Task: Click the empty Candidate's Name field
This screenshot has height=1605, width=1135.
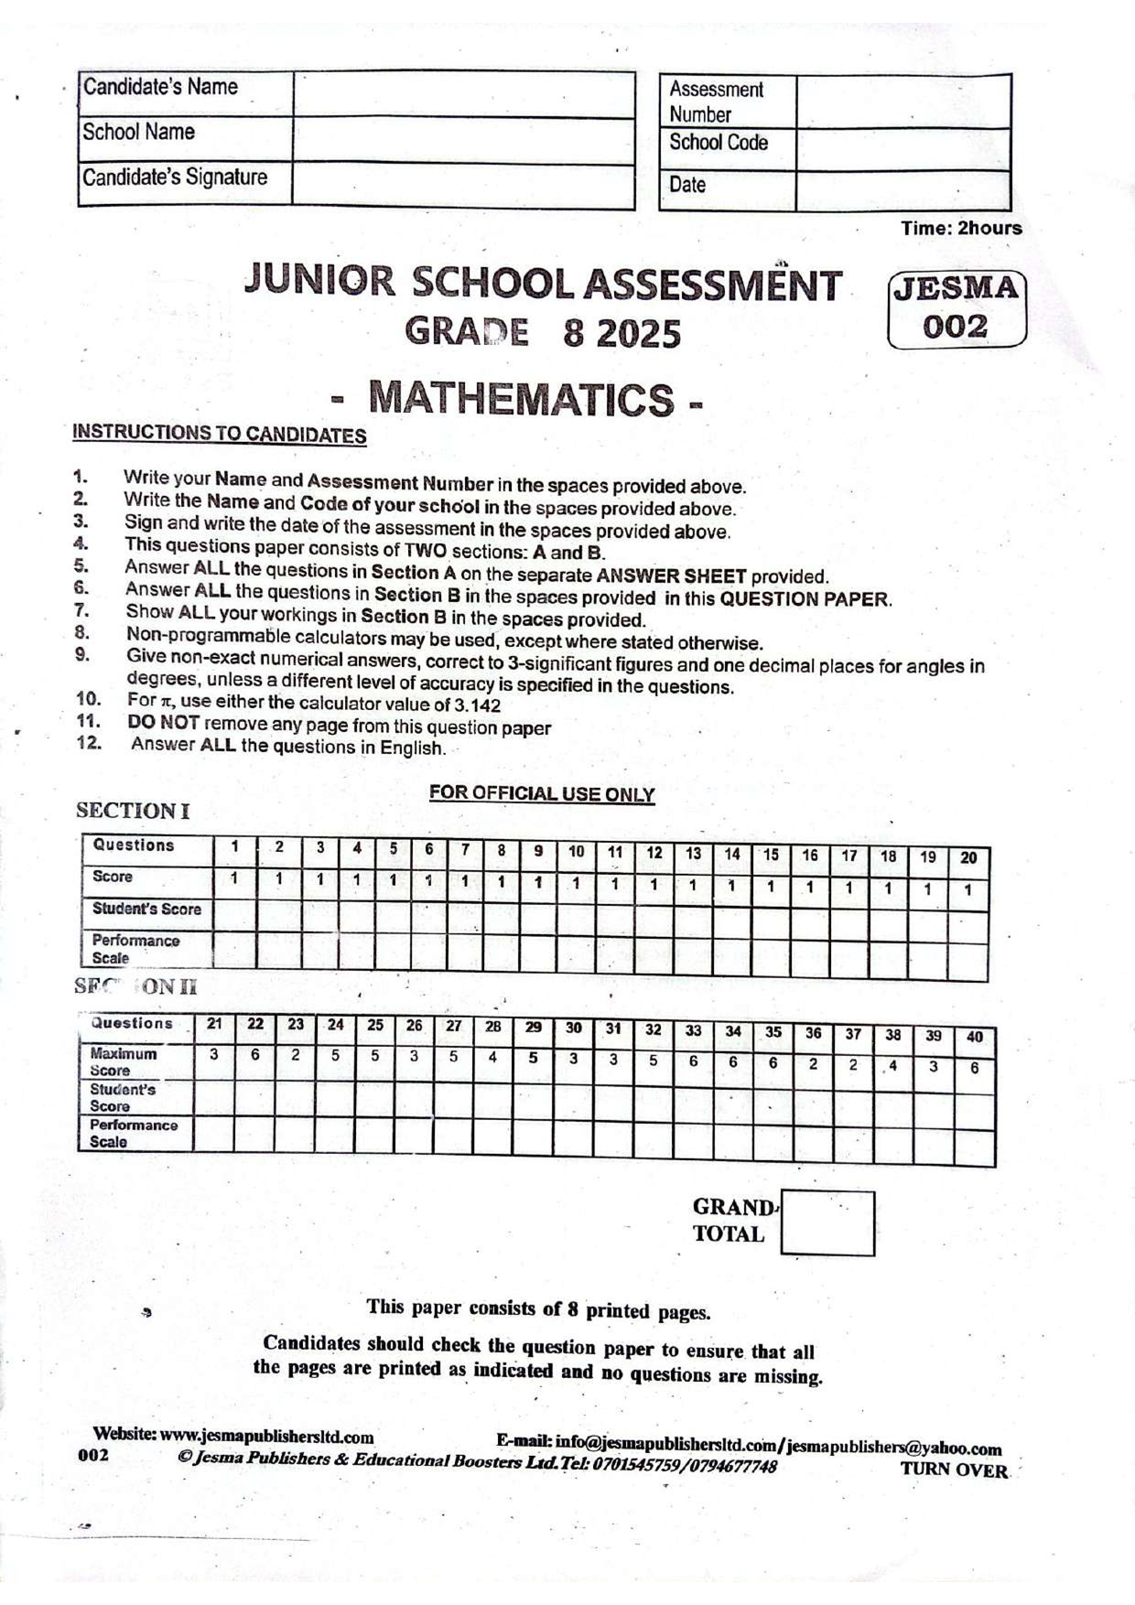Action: [464, 94]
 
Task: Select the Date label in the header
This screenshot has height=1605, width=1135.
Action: [688, 186]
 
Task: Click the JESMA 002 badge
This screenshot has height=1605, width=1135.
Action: [957, 308]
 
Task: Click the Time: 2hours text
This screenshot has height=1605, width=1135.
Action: [961, 228]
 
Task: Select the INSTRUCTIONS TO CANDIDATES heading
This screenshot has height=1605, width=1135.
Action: [220, 434]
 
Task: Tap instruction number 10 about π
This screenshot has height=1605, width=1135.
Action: [313, 703]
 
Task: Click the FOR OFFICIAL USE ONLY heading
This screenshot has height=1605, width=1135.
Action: [542, 793]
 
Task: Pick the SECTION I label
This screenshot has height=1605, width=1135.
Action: [133, 811]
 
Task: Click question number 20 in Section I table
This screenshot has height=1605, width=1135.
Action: [968, 857]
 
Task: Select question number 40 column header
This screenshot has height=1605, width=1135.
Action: [975, 1037]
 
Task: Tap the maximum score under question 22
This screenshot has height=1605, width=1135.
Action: [255, 1055]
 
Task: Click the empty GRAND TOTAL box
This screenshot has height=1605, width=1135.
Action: [827, 1223]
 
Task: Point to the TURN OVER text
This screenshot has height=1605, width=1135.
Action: [954, 1470]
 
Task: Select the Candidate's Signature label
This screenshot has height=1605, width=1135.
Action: [175, 177]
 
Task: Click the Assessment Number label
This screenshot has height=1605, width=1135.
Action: [715, 102]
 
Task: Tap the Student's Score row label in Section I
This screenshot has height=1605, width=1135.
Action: [146, 909]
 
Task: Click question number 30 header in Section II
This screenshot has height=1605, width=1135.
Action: [573, 1028]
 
